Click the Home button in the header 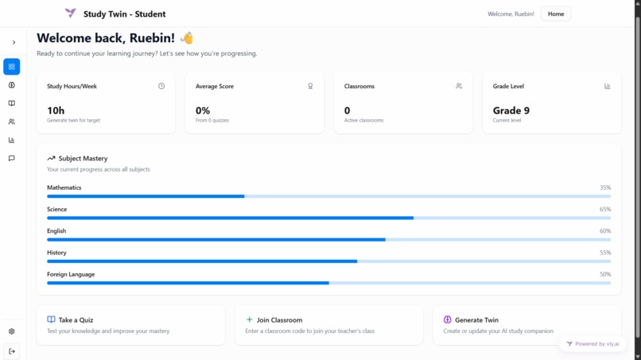point(555,14)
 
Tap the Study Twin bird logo point(71,14)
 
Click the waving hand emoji point(187,38)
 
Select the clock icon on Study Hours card point(161,86)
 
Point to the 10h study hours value point(56,110)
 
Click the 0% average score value point(203,110)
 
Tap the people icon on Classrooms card point(459,86)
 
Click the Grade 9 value point(511,110)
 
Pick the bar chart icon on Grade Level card point(608,86)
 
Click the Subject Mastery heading point(83,158)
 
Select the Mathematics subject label point(64,188)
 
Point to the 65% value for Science point(605,210)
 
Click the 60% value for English point(605,231)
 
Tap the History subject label point(56,253)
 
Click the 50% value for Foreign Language point(605,274)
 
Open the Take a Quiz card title point(76,320)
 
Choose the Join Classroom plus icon point(250,320)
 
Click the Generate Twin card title point(476,320)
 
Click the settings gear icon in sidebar point(12,331)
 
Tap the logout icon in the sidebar point(12,351)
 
